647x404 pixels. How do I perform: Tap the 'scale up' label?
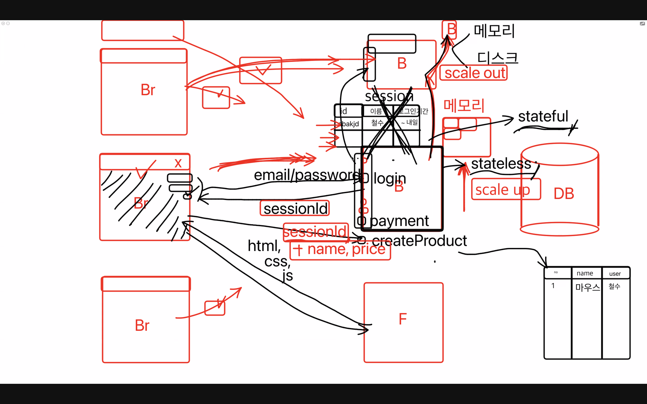tap(502, 190)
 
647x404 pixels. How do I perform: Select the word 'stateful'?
tap(543, 116)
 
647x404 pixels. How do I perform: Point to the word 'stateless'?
tap(501, 164)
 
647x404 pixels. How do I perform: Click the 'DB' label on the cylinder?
tap(564, 193)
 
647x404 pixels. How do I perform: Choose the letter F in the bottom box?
tap(403, 319)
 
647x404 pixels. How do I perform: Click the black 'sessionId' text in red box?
tap(295, 209)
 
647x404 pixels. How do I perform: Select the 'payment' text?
tap(399, 221)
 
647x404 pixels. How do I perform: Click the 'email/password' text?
tap(307, 175)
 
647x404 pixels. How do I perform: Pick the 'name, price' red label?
tap(346, 249)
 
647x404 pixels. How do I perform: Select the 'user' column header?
tap(615, 274)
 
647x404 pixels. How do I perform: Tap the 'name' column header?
tap(585, 273)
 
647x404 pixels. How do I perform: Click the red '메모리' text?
tap(464, 105)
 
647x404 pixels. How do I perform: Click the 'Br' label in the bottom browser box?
tap(142, 325)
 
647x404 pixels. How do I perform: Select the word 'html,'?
tap(264, 246)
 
